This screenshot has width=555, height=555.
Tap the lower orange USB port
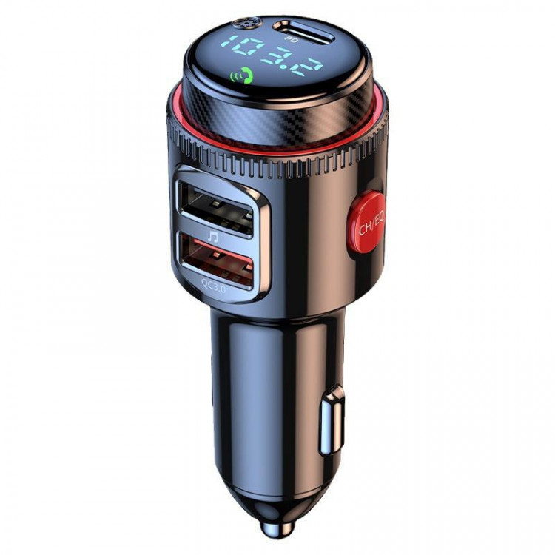point(215,263)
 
